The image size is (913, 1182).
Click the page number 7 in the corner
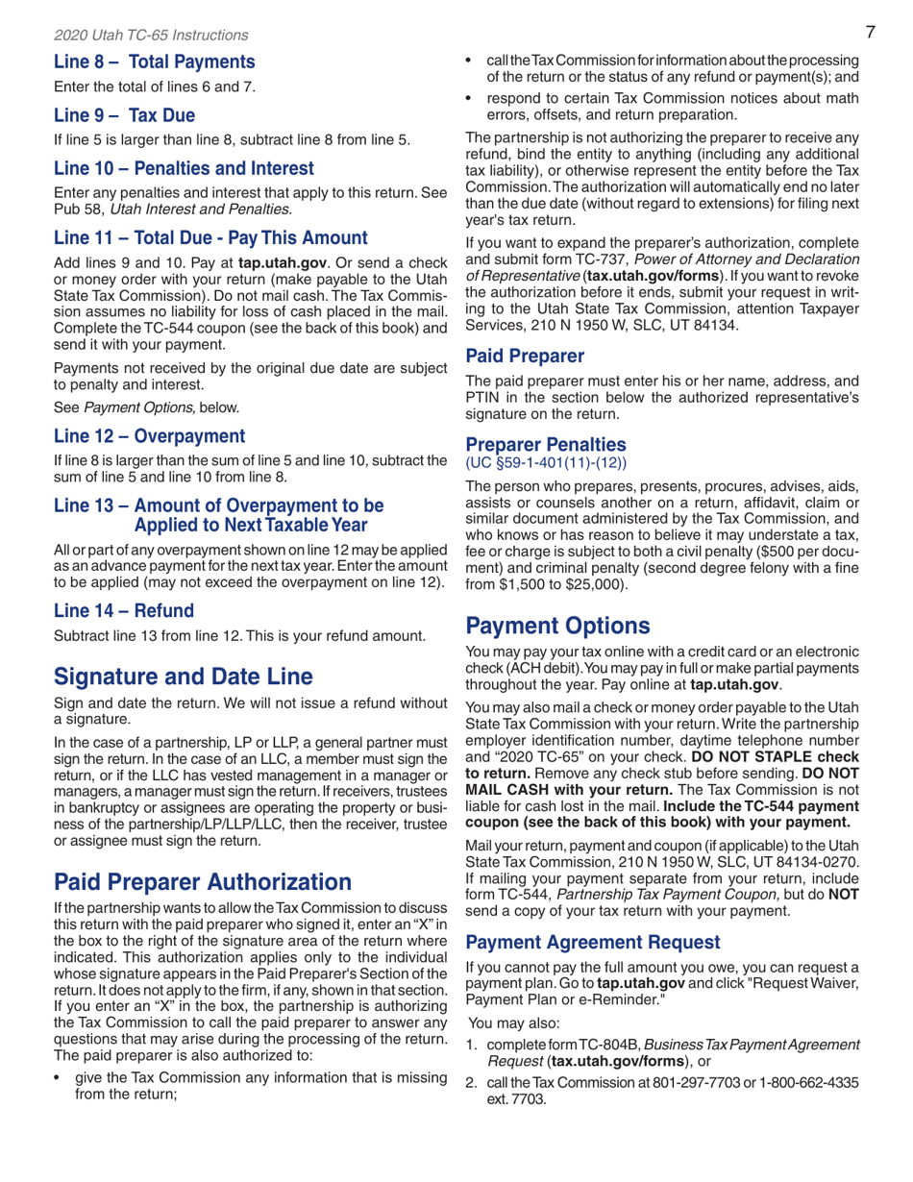(868, 33)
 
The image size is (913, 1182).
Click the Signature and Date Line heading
(183, 676)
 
